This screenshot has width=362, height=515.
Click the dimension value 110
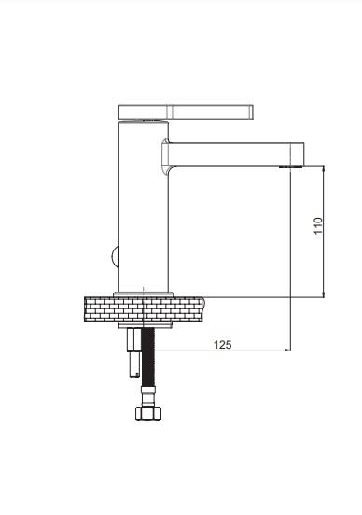318,225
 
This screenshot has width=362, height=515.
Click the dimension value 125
223,345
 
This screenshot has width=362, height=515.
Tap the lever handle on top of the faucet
186,111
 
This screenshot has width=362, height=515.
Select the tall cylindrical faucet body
143,207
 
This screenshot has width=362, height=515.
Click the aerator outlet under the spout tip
291,167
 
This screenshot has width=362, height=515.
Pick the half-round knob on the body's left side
115,256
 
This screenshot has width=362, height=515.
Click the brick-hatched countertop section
145,308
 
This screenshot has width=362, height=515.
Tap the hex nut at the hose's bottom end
148,413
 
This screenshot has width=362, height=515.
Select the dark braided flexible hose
148,357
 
